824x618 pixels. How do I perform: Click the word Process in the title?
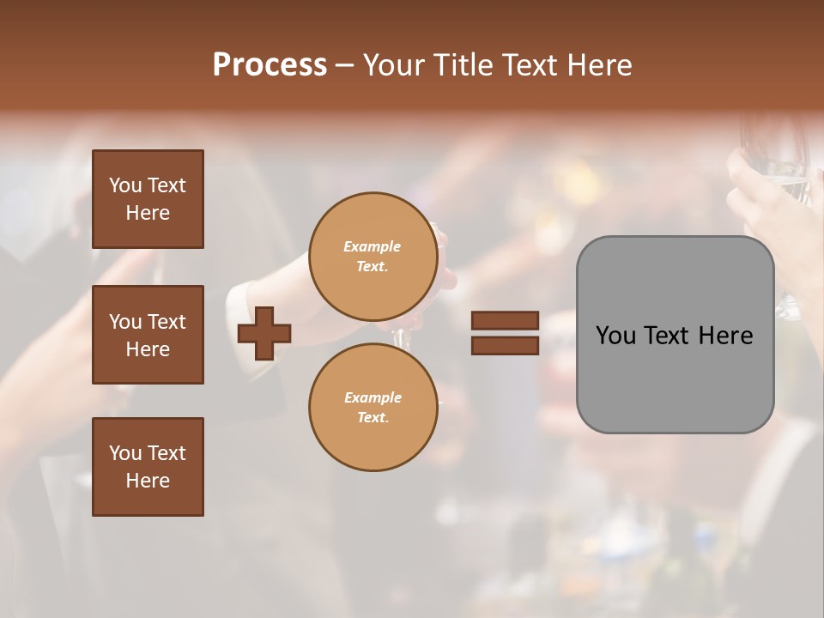[x=270, y=65]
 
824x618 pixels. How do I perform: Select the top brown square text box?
[x=148, y=199]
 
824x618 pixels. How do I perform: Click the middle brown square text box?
[x=148, y=335]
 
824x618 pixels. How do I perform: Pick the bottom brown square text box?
[x=148, y=467]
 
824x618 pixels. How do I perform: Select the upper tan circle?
[x=373, y=257]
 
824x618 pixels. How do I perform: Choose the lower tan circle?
[x=373, y=408]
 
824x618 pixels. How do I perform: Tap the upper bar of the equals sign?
[x=505, y=321]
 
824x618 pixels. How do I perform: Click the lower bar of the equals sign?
[x=505, y=345]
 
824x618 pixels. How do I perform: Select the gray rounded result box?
[x=675, y=335]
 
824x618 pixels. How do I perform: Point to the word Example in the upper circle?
[x=373, y=246]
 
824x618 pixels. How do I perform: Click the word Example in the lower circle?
[x=373, y=397]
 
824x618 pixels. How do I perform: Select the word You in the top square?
[x=125, y=185]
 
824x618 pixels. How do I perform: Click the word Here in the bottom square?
[x=148, y=481]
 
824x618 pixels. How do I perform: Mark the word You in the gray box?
[x=615, y=336]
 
